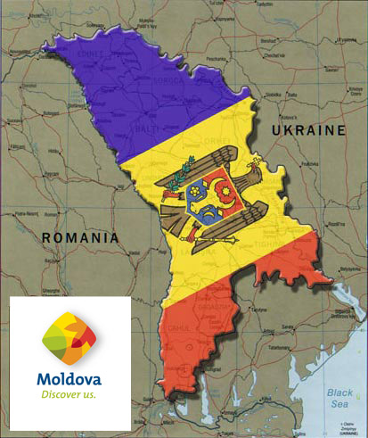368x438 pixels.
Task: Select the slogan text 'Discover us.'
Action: point(68,393)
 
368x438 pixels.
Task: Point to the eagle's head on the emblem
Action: point(190,163)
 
